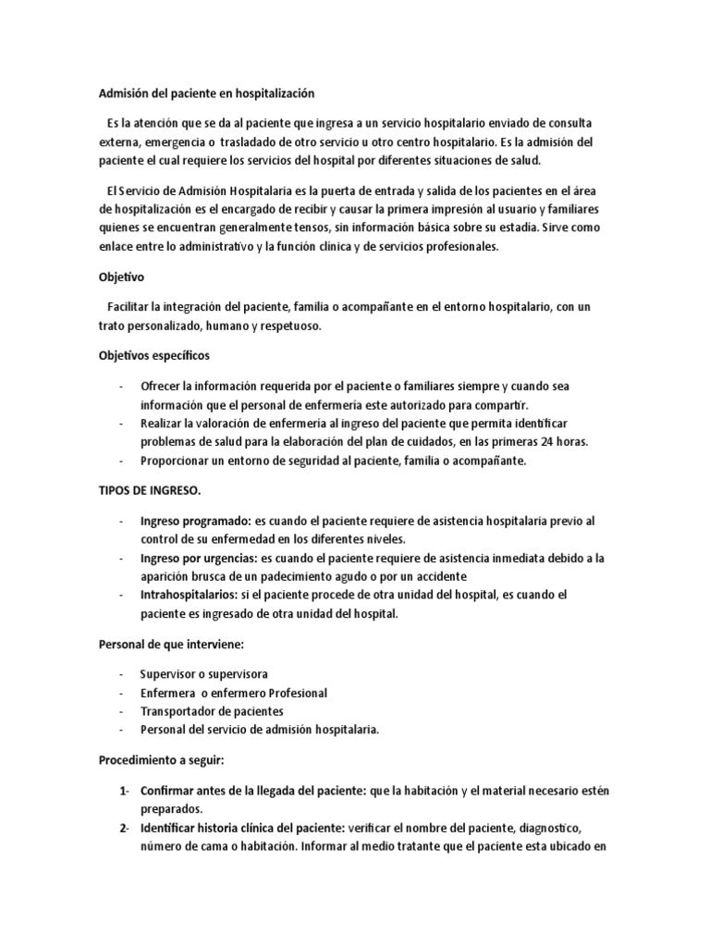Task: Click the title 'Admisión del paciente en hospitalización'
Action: click(x=207, y=92)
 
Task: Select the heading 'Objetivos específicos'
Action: click(x=154, y=355)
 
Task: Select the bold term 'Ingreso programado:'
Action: click(x=194, y=522)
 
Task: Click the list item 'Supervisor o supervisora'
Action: click(x=203, y=674)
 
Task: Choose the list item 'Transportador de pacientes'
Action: click(x=212, y=710)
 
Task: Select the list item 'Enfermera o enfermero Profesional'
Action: click(x=234, y=693)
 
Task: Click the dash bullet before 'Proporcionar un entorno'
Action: click(x=123, y=460)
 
